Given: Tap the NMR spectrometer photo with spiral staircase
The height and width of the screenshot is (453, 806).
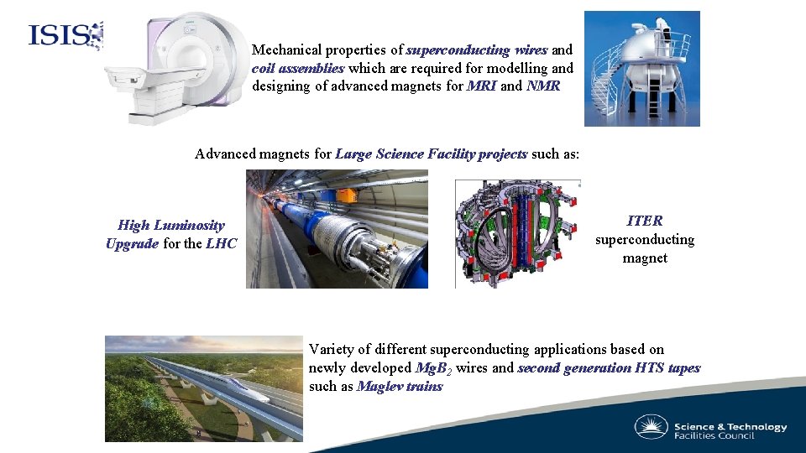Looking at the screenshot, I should [x=641, y=69].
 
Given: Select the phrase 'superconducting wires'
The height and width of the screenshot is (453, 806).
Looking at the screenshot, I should [x=477, y=50].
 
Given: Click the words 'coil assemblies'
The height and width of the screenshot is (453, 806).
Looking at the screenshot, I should [x=297, y=68].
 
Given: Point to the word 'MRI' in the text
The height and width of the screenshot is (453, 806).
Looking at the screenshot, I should [x=481, y=86].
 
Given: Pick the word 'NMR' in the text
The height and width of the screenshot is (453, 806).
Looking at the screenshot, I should [x=542, y=86].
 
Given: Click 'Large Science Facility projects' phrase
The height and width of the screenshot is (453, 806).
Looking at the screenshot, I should [x=431, y=154].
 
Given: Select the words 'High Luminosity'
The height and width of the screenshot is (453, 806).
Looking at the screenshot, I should [x=171, y=225].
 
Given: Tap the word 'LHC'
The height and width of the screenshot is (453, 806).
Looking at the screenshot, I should [x=222, y=243].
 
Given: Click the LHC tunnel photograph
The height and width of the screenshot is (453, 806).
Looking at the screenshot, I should [x=337, y=229].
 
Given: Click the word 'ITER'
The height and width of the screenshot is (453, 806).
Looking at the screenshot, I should [x=645, y=221].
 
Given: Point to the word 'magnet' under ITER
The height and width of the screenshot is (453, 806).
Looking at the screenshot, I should [x=645, y=258].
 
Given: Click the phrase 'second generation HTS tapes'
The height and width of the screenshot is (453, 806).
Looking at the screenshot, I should [x=609, y=367].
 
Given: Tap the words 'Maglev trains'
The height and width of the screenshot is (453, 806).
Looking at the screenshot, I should [x=399, y=386].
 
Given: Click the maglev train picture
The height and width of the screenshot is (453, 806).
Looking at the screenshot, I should [x=203, y=388].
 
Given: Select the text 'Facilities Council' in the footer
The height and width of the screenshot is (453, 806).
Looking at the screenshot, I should [x=714, y=435].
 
